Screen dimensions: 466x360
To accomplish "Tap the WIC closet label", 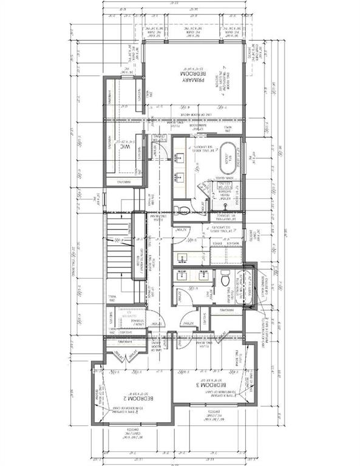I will (126, 147).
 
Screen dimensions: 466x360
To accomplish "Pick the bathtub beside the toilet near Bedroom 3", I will (248, 285).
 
